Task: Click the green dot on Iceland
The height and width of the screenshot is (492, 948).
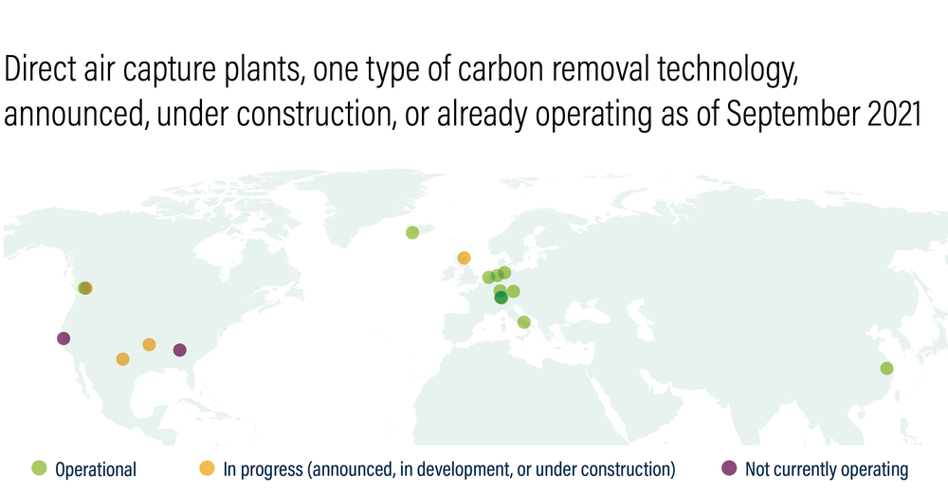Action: tap(412, 232)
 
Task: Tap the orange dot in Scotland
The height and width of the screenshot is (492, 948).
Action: tap(465, 258)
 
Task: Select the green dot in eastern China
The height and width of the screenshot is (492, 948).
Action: tap(887, 368)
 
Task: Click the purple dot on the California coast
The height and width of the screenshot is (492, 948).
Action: tap(64, 338)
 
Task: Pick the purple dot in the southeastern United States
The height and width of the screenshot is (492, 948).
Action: tap(179, 350)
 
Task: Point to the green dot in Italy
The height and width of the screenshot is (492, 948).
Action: tap(524, 322)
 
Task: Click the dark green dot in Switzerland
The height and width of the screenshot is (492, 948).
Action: tap(501, 298)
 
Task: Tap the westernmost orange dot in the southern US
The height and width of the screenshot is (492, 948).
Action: tap(122, 359)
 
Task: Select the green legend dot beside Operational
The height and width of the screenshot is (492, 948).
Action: tap(39, 467)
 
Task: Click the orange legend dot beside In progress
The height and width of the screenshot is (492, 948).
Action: tap(208, 467)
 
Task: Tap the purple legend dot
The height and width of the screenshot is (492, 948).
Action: tap(730, 467)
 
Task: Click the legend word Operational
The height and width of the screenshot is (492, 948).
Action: tap(96, 469)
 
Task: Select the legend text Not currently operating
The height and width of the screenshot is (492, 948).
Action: tap(827, 469)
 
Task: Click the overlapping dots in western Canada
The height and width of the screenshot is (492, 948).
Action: tap(85, 287)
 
